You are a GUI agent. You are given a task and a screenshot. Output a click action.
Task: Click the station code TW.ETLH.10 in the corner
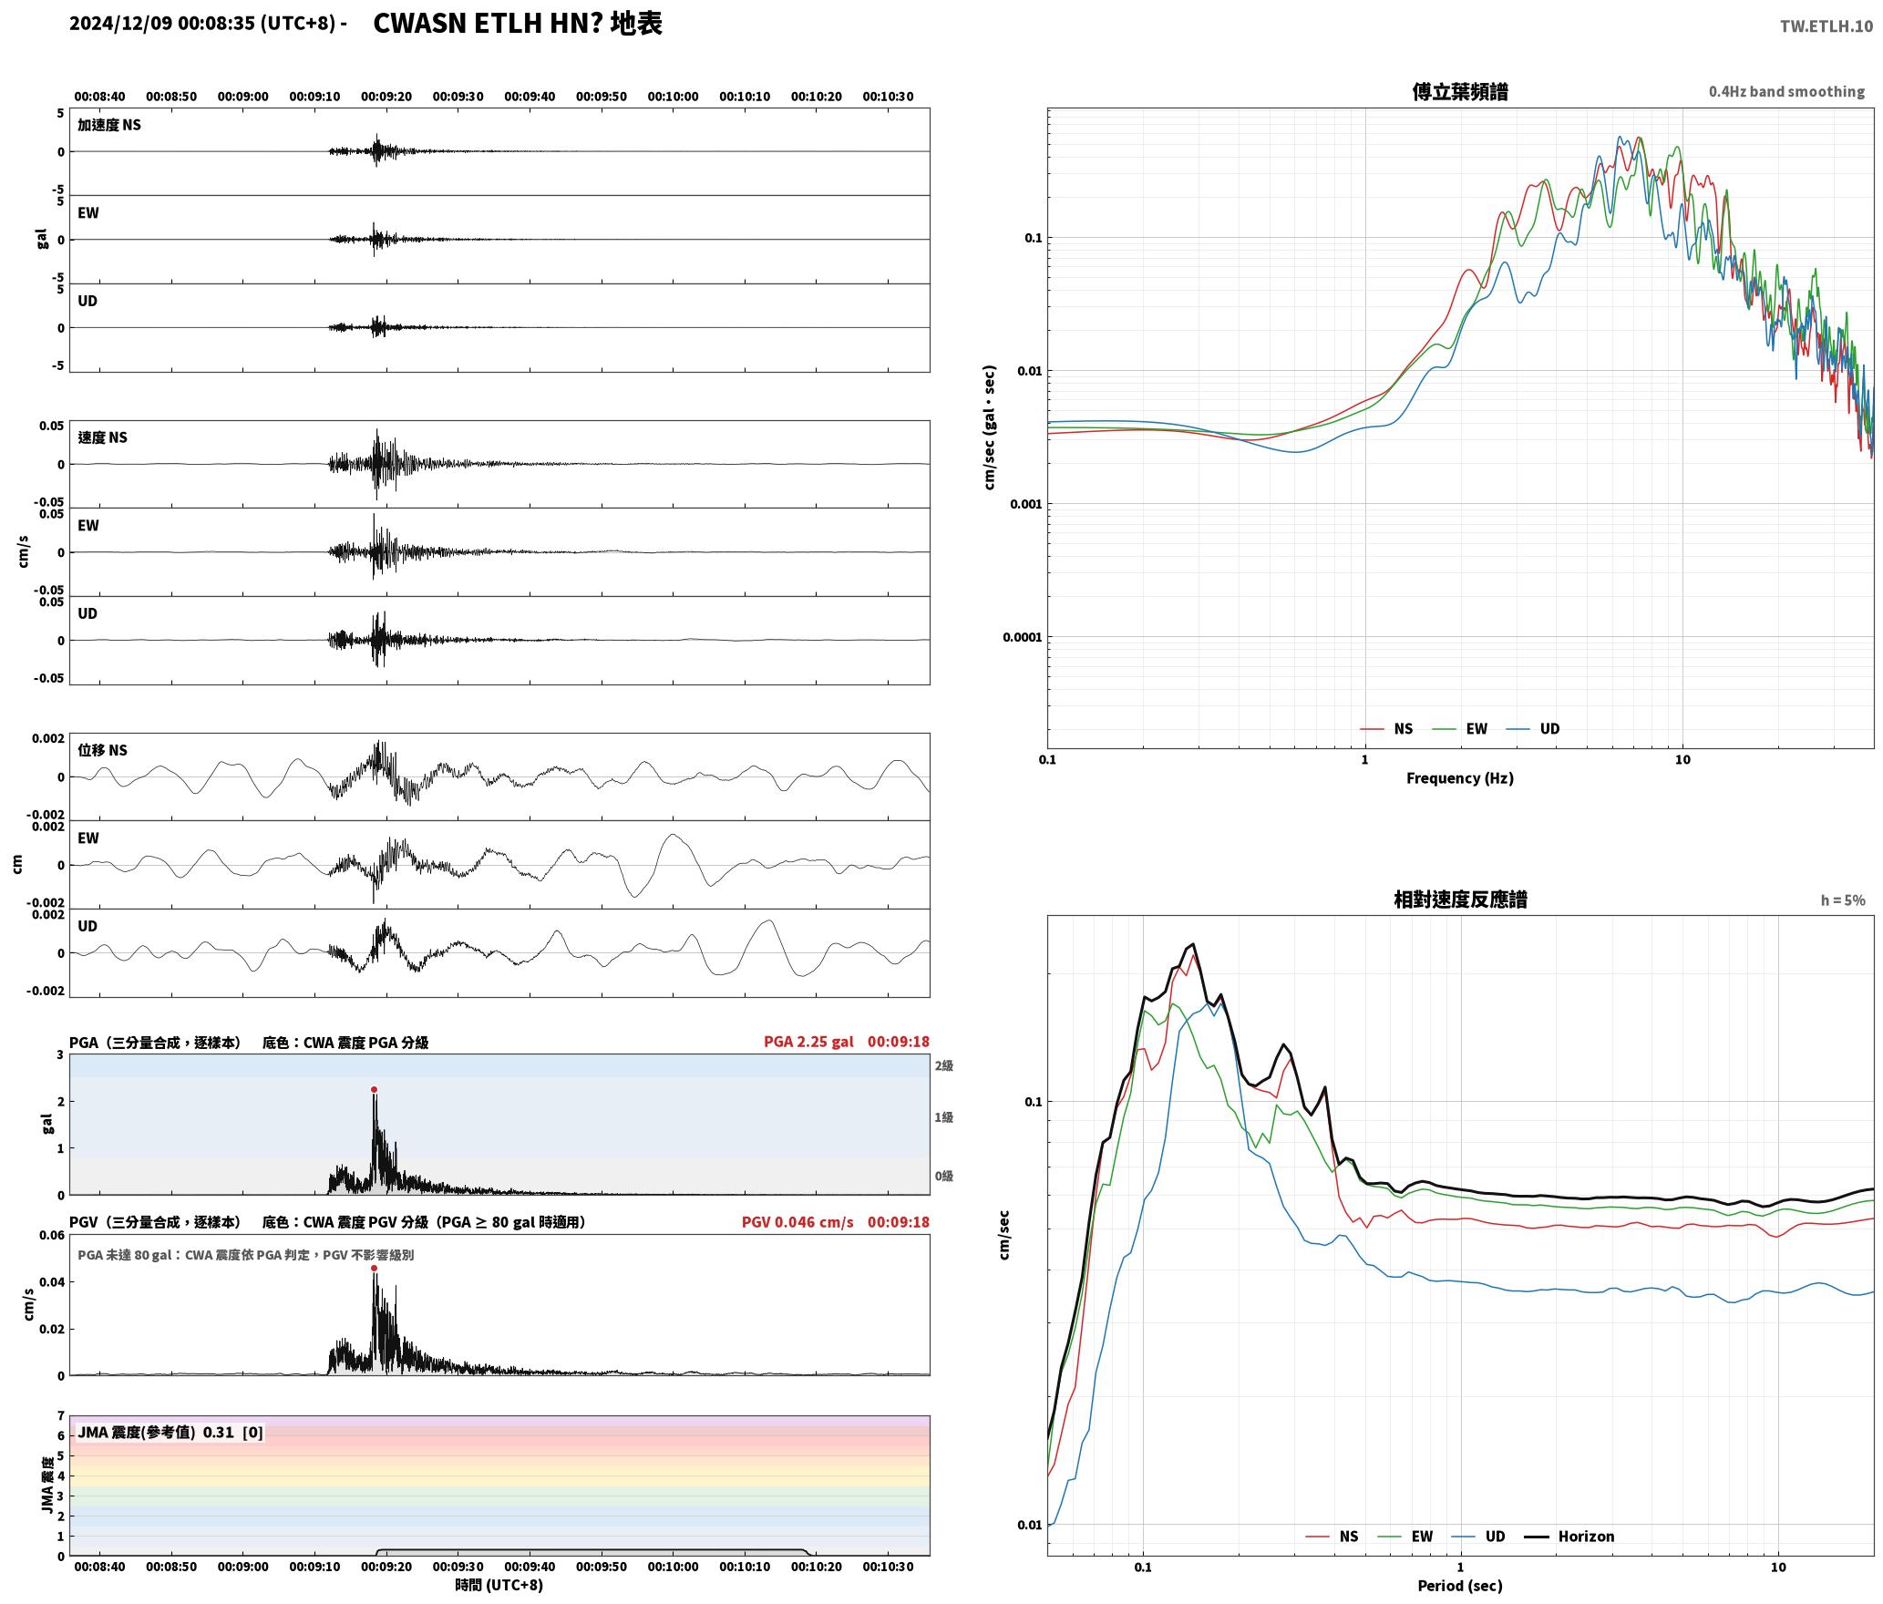(x=1826, y=26)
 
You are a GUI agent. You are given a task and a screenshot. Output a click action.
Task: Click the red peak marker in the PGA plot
(x=374, y=1089)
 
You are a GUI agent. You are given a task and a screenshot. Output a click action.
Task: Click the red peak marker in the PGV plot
(x=374, y=1268)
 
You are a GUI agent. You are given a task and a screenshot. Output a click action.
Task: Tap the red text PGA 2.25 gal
(x=808, y=1042)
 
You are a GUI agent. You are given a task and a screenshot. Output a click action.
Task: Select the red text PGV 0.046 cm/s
(x=797, y=1222)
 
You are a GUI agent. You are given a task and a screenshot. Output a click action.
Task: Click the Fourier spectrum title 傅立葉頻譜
(x=1459, y=91)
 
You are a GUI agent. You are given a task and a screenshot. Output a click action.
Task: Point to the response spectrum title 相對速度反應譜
(x=1460, y=900)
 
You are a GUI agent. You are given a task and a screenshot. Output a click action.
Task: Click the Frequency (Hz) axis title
(x=1459, y=778)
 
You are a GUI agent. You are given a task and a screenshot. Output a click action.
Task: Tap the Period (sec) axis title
(x=1459, y=1586)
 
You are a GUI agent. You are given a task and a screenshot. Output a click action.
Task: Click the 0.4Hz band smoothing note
(x=1786, y=92)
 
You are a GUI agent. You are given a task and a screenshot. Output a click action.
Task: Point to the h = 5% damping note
(x=1843, y=900)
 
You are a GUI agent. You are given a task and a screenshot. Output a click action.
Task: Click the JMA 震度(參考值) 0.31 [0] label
(x=170, y=1432)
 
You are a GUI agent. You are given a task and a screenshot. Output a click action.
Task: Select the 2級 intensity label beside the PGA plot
(x=943, y=1065)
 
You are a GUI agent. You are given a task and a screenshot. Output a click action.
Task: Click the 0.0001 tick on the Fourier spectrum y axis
(x=1022, y=637)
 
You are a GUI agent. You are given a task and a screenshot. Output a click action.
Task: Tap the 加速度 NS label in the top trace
(x=109, y=125)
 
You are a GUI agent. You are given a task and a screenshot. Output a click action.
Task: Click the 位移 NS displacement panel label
(x=102, y=750)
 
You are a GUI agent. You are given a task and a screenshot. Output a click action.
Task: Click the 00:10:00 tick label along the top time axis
(x=673, y=97)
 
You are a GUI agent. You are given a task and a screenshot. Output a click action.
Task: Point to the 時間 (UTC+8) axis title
(x=499, y=1585)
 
